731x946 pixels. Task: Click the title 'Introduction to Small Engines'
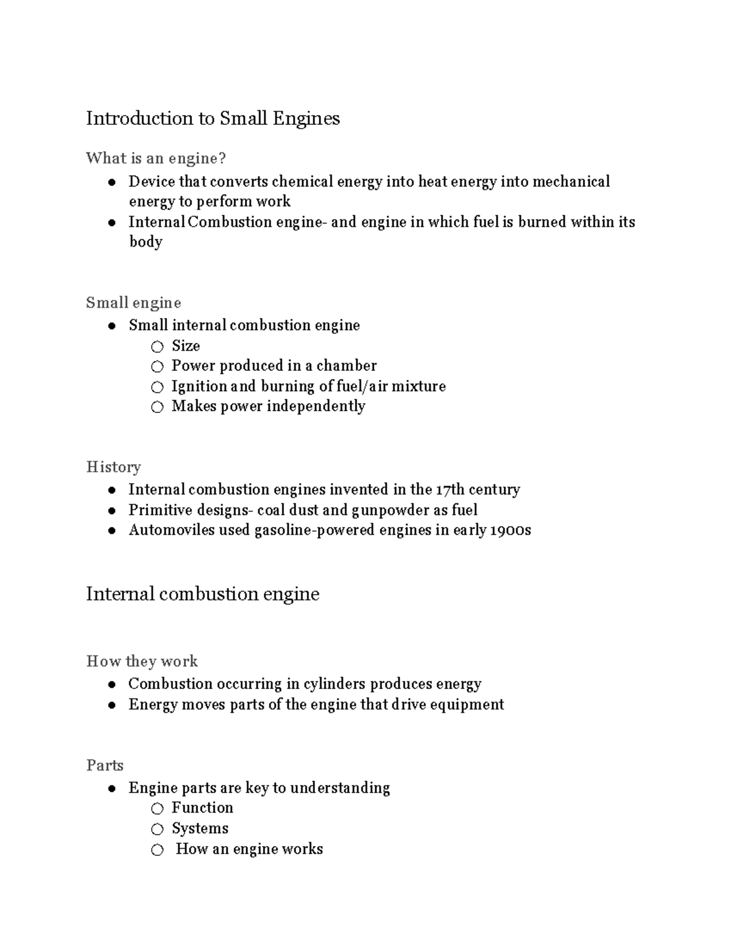coord(213,118)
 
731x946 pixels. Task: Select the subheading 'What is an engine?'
coord(156,158)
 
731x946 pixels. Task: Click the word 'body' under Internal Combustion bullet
coord(146,242)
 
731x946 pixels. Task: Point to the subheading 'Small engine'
coord(133,303)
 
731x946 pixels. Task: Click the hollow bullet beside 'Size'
coord(157,347)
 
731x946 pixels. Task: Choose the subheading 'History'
coord(113,467)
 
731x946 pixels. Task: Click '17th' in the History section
coord(450,490)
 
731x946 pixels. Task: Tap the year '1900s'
coord(510,530)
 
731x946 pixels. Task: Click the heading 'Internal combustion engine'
coord(202,594)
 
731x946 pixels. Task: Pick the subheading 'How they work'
coord(142,662)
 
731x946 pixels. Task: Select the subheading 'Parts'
coord(105,766)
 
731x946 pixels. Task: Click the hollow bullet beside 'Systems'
coord(157,829)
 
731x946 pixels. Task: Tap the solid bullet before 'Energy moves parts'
coord(112,705)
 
